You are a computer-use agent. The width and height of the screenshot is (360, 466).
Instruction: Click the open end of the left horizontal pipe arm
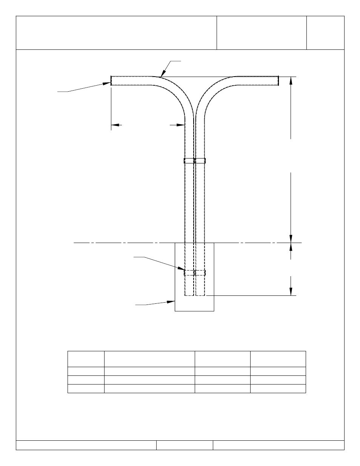pyautogui.click(x=111, y=81)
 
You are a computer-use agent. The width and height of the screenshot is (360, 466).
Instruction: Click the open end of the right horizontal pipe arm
pyautogui.click(x=278, y=80)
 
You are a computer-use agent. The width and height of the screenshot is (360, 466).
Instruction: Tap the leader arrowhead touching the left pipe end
pyautogui.click(x=107, y=84)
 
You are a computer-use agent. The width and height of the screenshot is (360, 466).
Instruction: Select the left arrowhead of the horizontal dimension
pyautogui.click(x=115, y=125)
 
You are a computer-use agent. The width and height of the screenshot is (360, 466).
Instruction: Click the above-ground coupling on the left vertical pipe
pyautogui.click(x=189, y=161)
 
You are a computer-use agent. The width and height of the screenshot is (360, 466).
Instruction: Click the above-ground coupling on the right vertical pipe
pyautogui.click(x=200, y=161)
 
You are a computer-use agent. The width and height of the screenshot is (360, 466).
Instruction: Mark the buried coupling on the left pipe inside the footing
pyautogui.click(x=189, y=272)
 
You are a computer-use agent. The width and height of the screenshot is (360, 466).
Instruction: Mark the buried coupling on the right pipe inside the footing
pyautogui.click(x=200, y=272)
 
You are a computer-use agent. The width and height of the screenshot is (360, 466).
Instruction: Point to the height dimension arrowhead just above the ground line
pyautogui.click(x=291, y=239)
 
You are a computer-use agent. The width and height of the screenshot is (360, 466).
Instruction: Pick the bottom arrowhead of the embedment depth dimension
pyautogui.click(x=291, y=291)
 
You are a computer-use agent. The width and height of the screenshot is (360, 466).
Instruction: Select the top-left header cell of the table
pyautogui.click(x=86, y=359)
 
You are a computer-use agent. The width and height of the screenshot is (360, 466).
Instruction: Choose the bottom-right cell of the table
pyautogui.click(x=278, y=389)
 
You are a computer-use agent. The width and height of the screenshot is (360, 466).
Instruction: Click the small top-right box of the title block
pyautogui.click(x=325, y=33)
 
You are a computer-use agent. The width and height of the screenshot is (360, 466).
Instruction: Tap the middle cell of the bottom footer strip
pyautogui.click(x=185, y=445)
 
